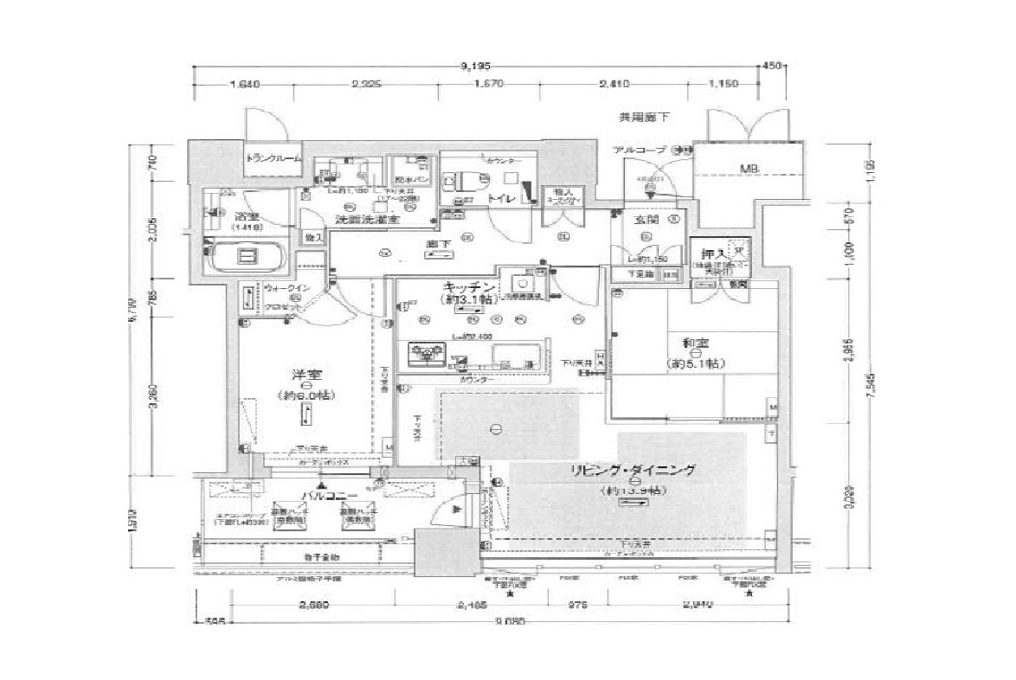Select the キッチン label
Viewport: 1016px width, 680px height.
(x=469, y=287)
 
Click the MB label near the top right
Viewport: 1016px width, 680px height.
(x=749, y=170)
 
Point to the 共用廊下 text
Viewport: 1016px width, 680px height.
(x=643, y=116)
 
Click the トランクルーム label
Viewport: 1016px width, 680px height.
(x=273, y=158)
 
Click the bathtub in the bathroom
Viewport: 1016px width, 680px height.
(x=247, y=256)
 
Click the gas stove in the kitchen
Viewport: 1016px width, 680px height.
(x=425, y=353)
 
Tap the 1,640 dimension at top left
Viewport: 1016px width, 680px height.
(x=245, y=84)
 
